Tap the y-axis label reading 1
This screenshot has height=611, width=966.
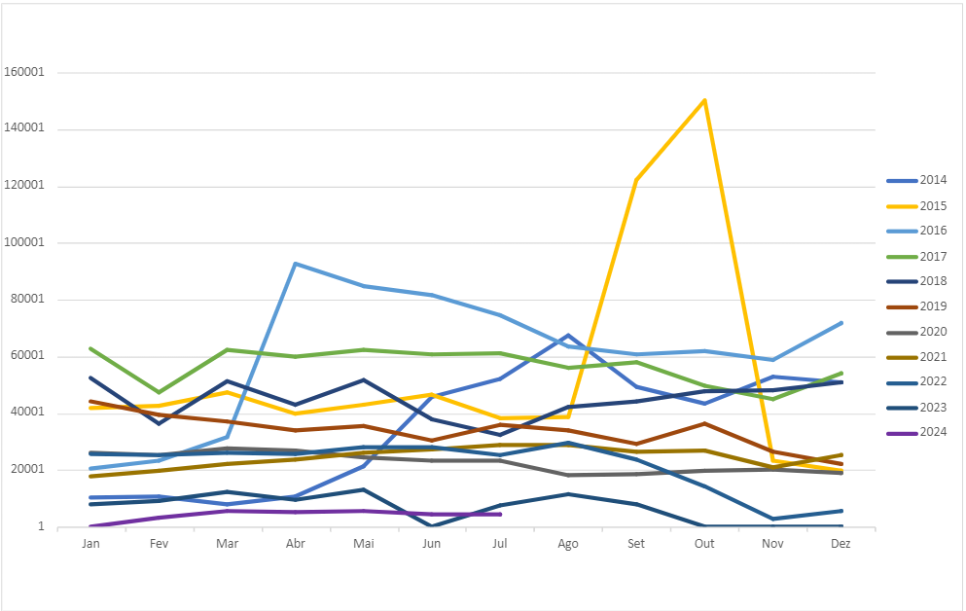click(x=41, y=527)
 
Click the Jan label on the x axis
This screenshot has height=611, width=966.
click(x=90, y=544)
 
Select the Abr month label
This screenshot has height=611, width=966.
click(x=295, y=544)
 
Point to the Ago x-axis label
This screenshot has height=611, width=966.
click(x=568, y=544)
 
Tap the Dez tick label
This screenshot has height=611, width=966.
click(x=841, y=544)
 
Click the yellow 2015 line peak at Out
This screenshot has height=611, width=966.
click(x=704, y=100)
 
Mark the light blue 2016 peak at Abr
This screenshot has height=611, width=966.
click(x=295, y=264)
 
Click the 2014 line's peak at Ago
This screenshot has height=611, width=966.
click(x=568, y=336)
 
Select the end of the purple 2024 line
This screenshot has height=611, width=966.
click(x=500, y=514)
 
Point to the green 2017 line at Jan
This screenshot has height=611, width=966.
click(x=90, y=348)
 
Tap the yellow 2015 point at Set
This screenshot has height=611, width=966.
click(x=636, y=180)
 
